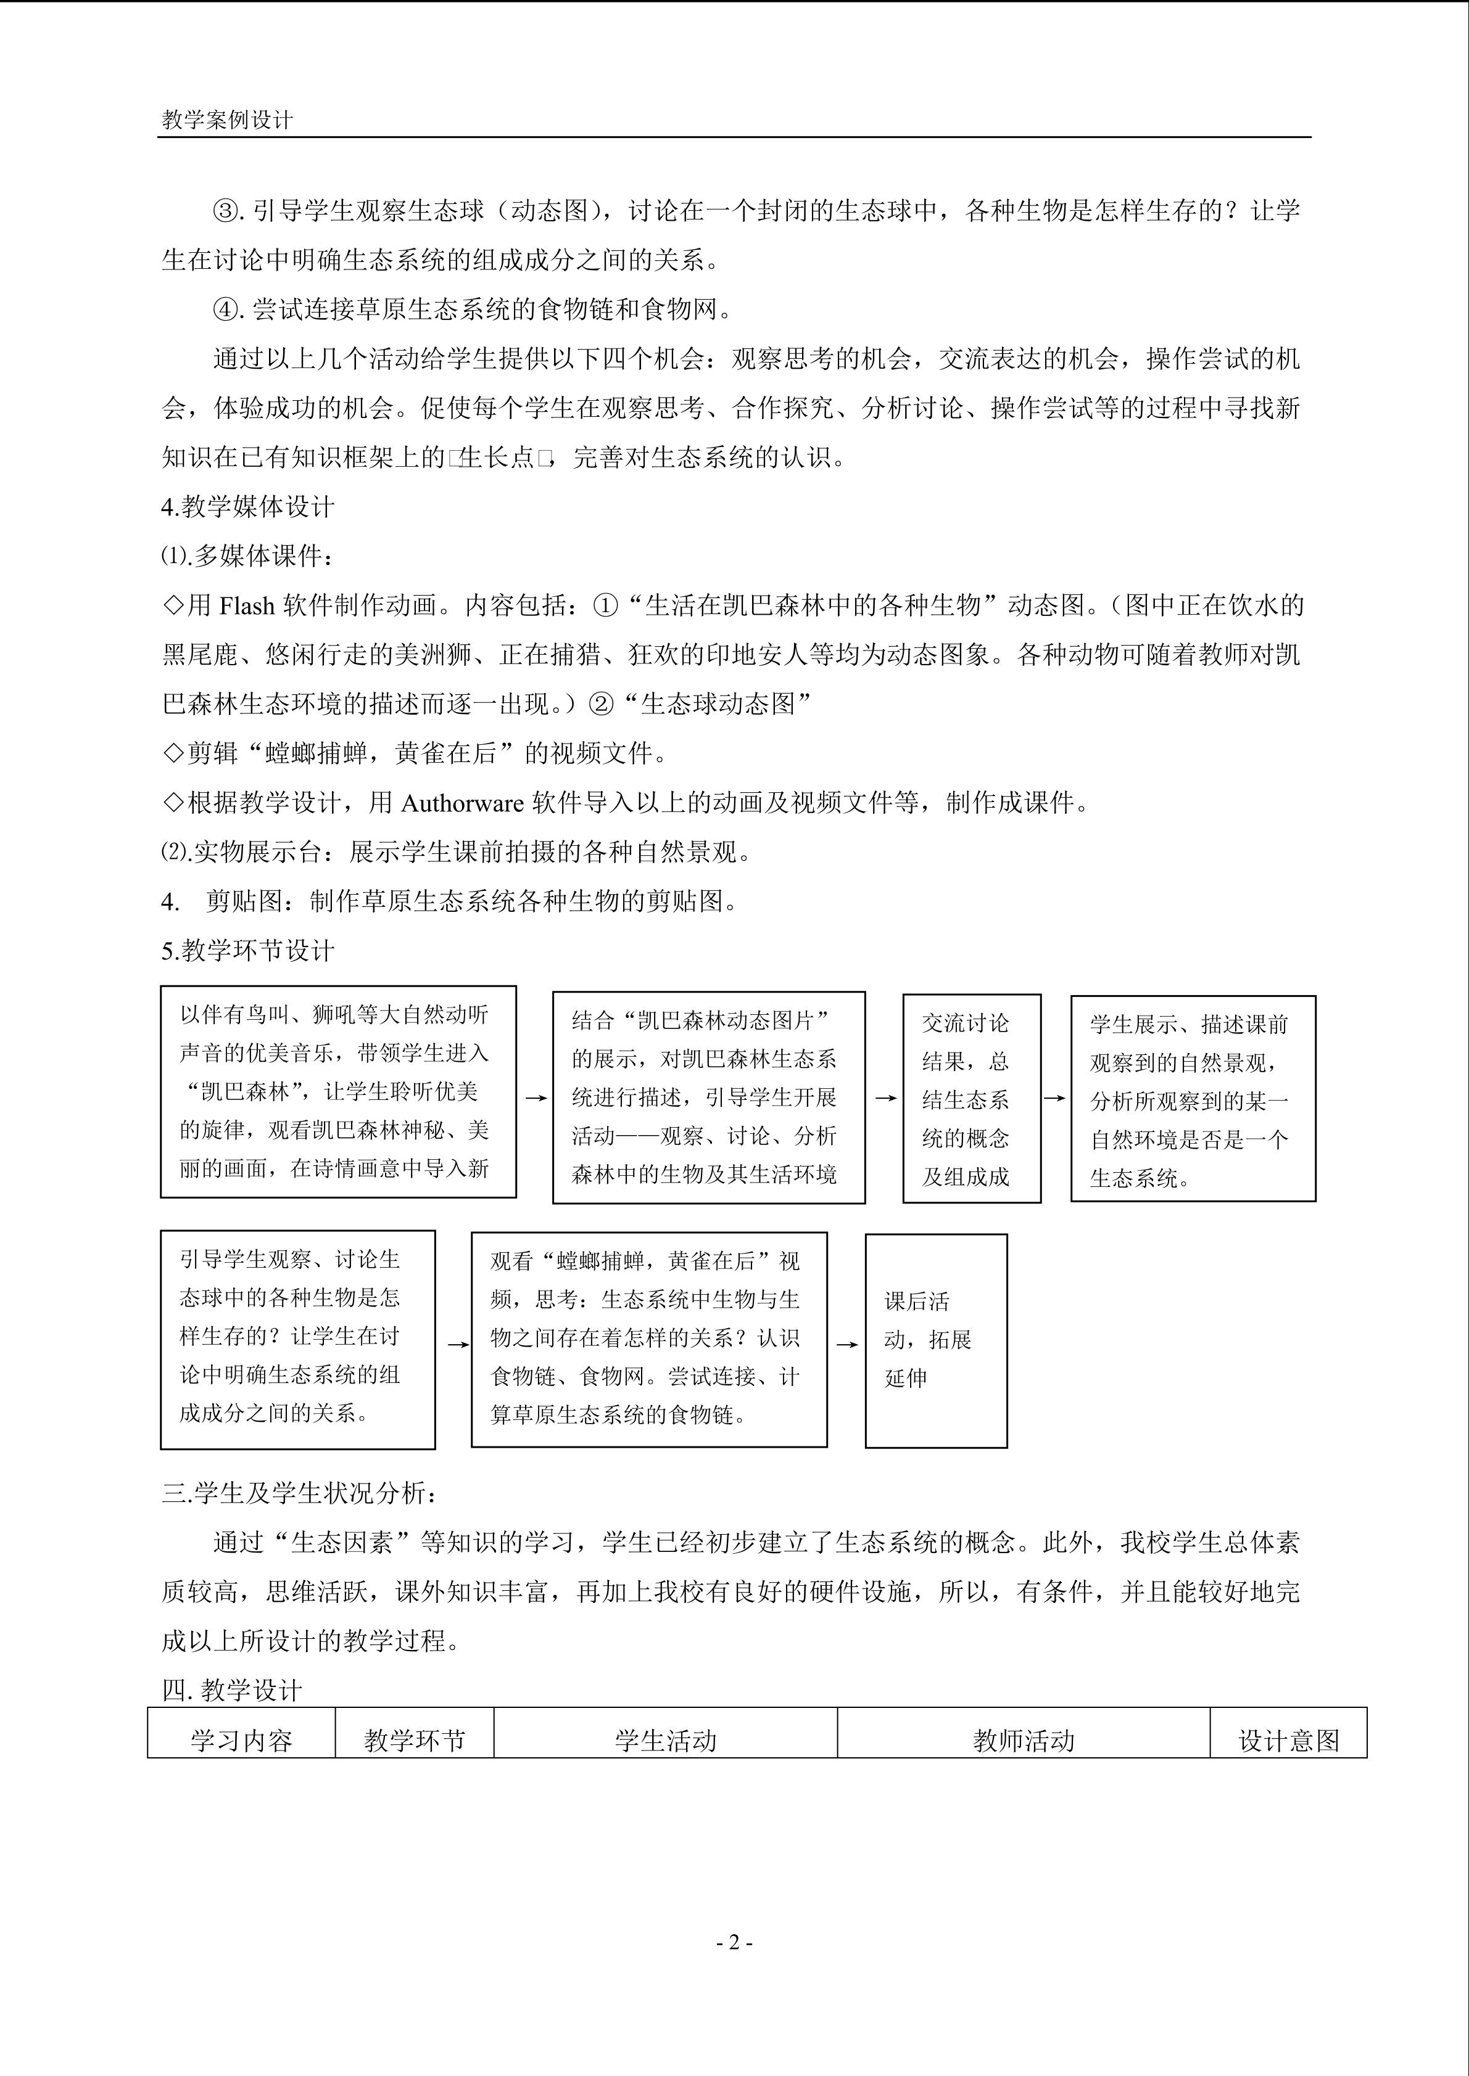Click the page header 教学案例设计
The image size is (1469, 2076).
coord(227,120)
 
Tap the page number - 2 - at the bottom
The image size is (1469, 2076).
coord(734,1941)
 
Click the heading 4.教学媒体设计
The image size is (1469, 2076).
coord(248,507)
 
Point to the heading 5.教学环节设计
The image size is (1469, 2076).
coord(248,950)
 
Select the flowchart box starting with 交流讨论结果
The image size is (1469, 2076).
coord(972,1099)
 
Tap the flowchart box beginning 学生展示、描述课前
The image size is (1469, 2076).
coord(1192,1099)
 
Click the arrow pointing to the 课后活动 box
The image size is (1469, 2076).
coord(846,1345)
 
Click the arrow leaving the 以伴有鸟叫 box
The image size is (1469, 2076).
coord(536,1097)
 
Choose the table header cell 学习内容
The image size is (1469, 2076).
coord(241,1741)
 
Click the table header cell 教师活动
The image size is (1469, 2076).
coord(1023,1741)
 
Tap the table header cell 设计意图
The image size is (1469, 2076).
coord(1288,1741)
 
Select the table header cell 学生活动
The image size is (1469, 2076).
coord(665,1741)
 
